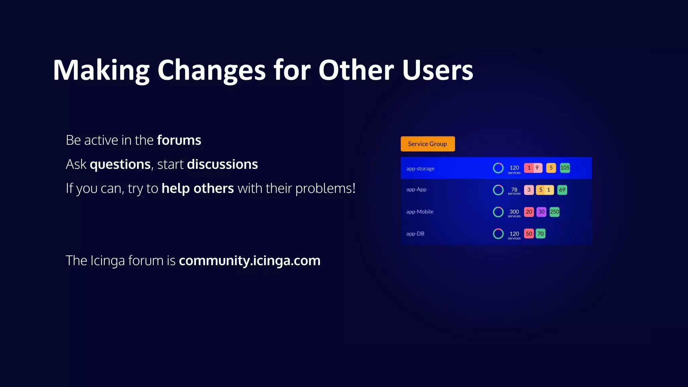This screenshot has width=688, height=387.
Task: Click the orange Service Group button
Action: (x=427, y=144)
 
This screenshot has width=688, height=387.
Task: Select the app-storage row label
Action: (x=420, y=169)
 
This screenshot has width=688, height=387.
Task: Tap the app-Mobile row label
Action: (x=420, y=212)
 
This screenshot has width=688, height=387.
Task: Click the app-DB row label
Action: (x=415, y=234)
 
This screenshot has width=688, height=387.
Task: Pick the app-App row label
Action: (x=416, y=189)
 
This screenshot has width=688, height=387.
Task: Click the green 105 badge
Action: (x=565, y=168)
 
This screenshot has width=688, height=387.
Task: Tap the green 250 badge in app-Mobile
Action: (x=554, y=212)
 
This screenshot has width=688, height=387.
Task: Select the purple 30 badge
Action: (x=541, y=212)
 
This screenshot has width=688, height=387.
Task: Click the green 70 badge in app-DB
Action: (x=540, y=233)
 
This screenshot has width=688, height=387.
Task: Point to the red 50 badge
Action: (x=529, y=233)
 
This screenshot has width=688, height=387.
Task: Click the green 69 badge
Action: (x=562, y=190)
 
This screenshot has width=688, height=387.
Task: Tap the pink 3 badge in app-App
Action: (x=529, y=190)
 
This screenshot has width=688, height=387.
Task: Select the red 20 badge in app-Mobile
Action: (x=529, y=212)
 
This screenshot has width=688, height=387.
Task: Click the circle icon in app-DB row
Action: (x=498, y=233)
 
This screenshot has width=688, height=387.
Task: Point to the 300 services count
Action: (x=514, y=212)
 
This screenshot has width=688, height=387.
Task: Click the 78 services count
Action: (x=514, y=190)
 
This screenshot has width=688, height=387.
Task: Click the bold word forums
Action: (x=179, y=140)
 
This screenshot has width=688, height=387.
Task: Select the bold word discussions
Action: (x=222, y=164)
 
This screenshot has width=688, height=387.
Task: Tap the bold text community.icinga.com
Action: (x=249, y=260)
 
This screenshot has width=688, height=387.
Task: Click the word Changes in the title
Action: (x=211, y=71)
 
